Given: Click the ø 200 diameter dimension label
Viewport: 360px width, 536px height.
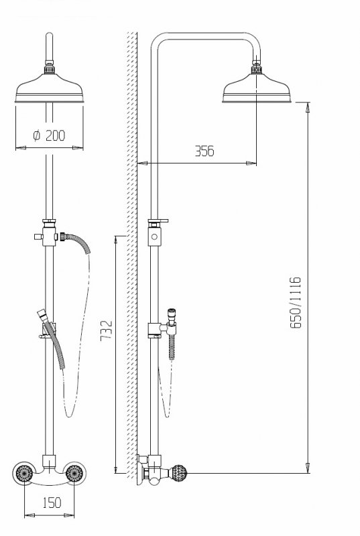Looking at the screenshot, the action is coord(49,135).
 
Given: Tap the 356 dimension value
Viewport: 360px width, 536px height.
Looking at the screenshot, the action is coord(204,151).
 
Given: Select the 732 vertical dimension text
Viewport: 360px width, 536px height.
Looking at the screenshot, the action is coord(107,330).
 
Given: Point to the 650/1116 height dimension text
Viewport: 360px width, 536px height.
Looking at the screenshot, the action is coord(296,303).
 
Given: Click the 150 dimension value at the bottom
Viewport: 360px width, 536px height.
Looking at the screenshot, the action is coord(52,503).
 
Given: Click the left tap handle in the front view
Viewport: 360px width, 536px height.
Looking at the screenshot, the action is coord(24,473).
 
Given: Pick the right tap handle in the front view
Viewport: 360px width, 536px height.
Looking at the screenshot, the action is coord(74,473).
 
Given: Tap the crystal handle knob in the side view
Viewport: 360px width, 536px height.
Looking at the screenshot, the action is coord(179,473).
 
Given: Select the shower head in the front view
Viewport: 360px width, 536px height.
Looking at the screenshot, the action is coord(49,88).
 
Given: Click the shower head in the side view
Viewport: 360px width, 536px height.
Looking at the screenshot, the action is coord(256,88).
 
